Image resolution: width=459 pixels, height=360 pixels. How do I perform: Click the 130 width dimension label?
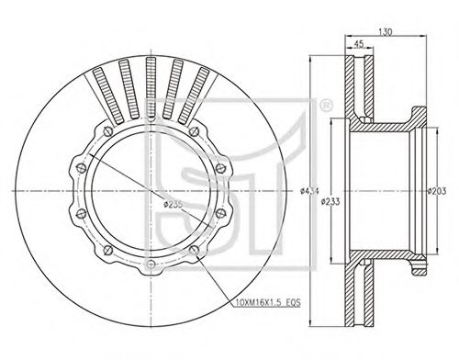(x=386, y=32)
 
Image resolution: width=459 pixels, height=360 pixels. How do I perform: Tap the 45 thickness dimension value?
(x=359, y=44)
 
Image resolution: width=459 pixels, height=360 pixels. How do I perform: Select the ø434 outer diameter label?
(x=309, y=191)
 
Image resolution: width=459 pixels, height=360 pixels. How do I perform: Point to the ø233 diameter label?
(x=330, y=202)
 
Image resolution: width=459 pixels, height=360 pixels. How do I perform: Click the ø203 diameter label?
(x=437, y=191)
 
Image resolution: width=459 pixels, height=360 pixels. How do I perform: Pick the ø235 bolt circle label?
(x=173, y=204)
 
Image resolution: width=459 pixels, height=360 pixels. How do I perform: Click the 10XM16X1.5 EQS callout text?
(x=268, y=302)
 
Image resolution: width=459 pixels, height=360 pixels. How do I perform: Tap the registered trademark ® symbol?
(x=326, y=106)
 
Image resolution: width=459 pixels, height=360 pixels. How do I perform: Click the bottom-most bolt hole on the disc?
(x=151, y=264)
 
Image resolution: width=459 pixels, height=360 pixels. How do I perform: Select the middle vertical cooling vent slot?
(x=151, y=87)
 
